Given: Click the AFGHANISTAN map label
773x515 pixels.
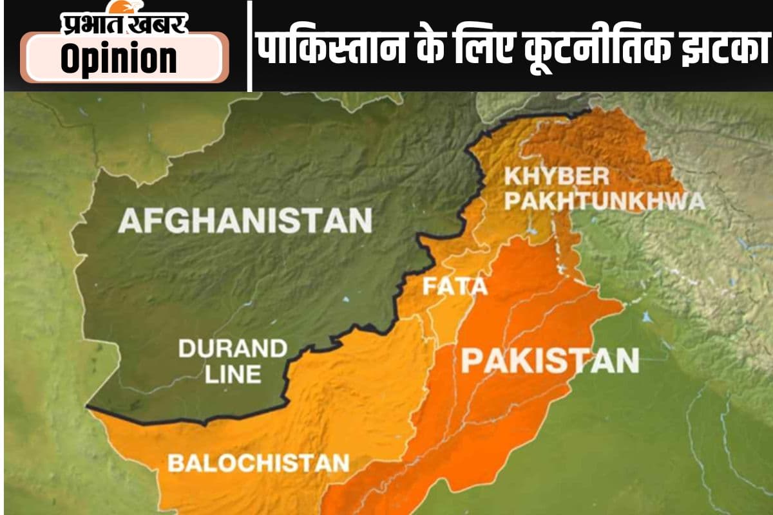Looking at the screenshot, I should (245, 220).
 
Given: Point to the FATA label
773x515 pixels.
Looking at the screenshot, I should (454, 286).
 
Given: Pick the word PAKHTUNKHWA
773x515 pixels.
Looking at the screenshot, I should (604, 201).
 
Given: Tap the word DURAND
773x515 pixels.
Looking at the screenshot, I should (233, 349).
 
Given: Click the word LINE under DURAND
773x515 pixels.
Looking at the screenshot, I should (233, 373).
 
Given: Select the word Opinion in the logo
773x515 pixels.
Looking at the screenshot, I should (119, 59).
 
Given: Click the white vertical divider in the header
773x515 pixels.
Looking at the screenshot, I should (249, 46).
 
